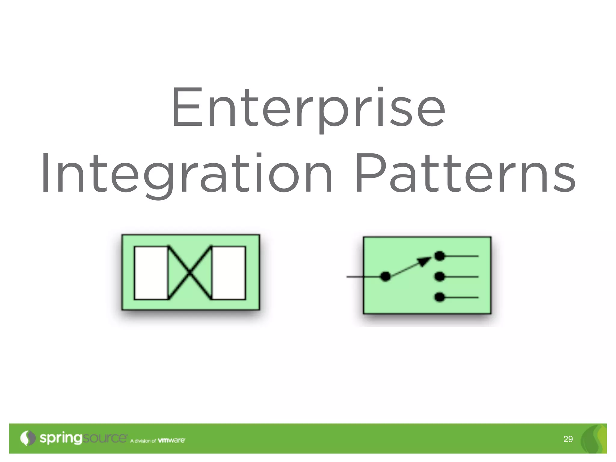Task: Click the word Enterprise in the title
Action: (x=308, y=108)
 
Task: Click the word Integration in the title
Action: (x=186, y=174)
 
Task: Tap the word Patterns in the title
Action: (x=465, y=174)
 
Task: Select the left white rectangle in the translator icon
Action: (x=151, y=273)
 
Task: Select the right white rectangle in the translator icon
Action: (x=229, y=273)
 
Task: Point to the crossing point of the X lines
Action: (x=190, y=273)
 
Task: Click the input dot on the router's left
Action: (x=385, y=276)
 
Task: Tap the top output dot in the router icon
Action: (x=440, y=256)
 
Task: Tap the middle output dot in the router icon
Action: (x=440, y=276)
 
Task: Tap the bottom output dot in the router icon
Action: (x=440, y=297)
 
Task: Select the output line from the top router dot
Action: (x=462, y=256)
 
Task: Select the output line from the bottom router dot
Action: (x=462, y=297)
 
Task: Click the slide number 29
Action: (x=568, y=439)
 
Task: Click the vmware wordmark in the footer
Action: (x=171, y=440)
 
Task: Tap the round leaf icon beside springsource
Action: (x=28, y=438)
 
